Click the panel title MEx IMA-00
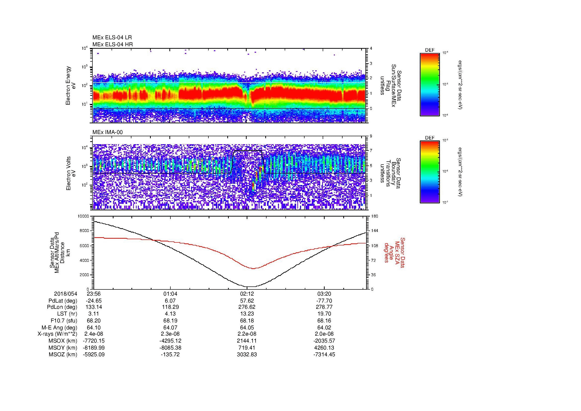(x=108, y=132)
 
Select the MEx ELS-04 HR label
(x=113, y=44)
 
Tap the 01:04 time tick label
(x=171, y=294)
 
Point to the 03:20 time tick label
(x=324, y=294)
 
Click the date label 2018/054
(x=66, y=294)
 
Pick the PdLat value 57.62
(x=247, y=301)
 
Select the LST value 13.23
(x=247, y=314)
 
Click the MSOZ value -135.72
(x=171, y=355)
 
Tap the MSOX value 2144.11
(x=247, y=341)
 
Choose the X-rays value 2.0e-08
(x=324, y=334)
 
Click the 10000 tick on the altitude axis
(x=83, y=216)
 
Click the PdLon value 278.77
(x=324, y=307)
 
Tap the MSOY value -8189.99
(x=94, y=348)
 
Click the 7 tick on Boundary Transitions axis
(x=371, y=151)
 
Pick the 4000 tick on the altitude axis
(x=84, y=260)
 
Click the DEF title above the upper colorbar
(x=430, y=50)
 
